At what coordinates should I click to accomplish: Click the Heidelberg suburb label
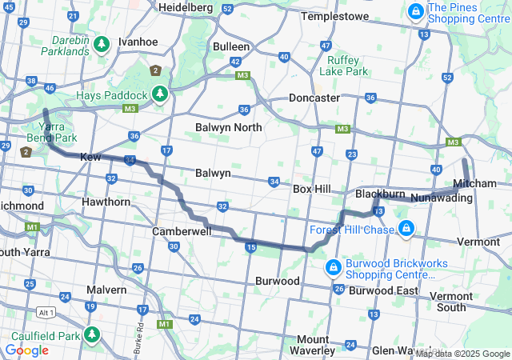(x=185, y=6)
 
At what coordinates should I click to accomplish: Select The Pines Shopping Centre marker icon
(x=416, y=13)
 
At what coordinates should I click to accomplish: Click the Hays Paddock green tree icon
(x=160, y=94)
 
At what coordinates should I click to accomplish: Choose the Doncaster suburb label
(x=314, y=98)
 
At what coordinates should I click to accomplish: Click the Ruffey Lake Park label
(x=343, y=64)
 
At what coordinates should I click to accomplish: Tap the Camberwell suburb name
(x=182, y=230)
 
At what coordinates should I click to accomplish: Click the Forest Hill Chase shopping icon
(x=406, y=230)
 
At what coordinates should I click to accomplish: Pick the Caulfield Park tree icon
(x=93, y=334)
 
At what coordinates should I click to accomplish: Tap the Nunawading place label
(x=438, y=197)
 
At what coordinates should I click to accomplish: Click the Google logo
(x=26, y=350)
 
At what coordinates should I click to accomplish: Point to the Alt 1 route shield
(x=46, y=312)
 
